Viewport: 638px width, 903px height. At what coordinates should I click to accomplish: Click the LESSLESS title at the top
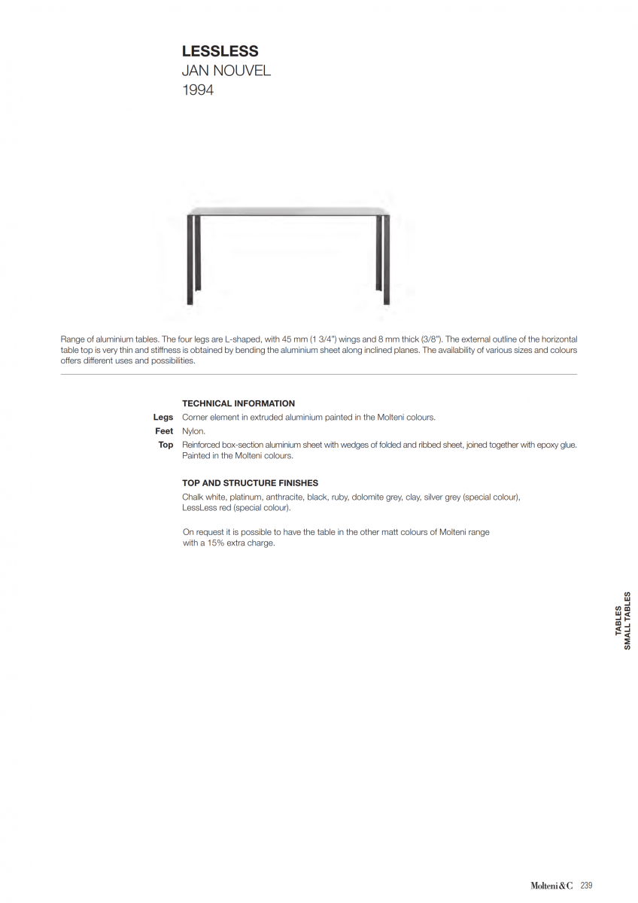[x=220, y=51]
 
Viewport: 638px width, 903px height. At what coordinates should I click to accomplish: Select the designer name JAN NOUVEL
[x=226, y=71]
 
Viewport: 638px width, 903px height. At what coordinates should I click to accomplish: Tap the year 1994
[x=198, y=90]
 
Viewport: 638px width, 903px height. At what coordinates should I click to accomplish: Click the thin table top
[x=289, y=211]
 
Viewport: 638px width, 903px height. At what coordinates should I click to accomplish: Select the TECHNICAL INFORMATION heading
[x=238, y=403]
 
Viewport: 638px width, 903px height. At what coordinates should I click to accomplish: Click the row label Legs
[x=163, y=417]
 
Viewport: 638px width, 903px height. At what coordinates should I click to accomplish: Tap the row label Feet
[x=164, y=431]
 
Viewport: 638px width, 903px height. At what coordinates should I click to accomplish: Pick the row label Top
[x=166, y=445]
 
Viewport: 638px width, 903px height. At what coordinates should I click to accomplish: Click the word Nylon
[x=193, y=431]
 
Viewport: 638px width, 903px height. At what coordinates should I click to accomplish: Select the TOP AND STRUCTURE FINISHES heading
[x=250, y=483]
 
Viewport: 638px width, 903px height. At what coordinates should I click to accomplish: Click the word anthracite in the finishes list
[x=284, y=497]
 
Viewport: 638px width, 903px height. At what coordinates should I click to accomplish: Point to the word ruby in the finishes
[x=340, y=497]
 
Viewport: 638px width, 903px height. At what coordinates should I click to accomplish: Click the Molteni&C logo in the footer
[x=551, y=886]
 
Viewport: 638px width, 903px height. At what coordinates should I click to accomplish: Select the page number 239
[x=586, y=886]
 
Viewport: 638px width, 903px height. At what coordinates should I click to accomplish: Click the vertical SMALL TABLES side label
[x=627, y=621]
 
